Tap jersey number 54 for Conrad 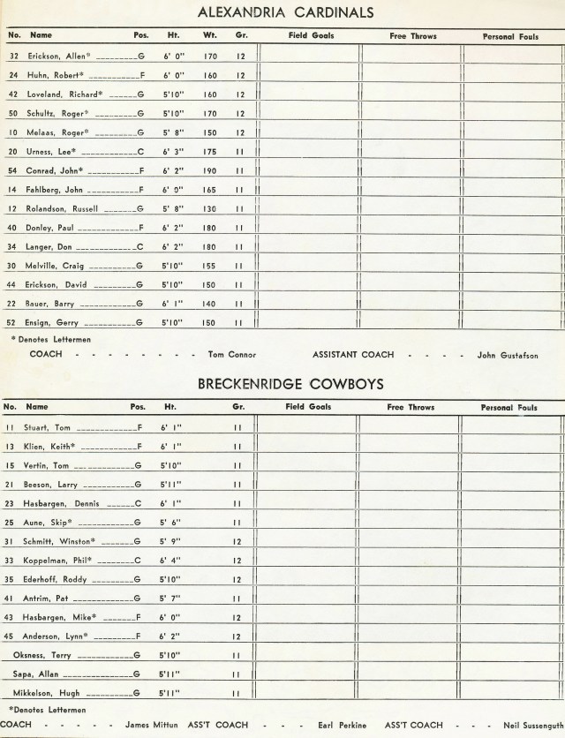(x=12, y=170)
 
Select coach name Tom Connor (x=232, y=355)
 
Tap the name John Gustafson (x=507, y=355)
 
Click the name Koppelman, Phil (x=60, y=561)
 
